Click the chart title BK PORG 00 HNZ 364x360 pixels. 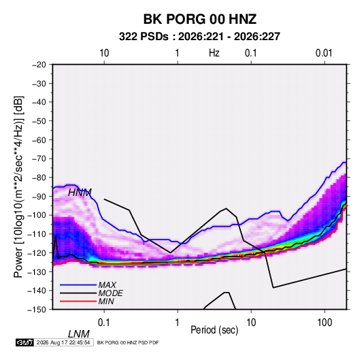pyautogui.click(x=200, y=19)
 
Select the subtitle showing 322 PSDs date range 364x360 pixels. pyautogui.click(x=199, y=37)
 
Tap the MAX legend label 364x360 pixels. pyautogui.click(x=107, y=285)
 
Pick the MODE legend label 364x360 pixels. pyautogui.click(x=110, y=293)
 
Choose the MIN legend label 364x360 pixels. pyautogui.click(x=106, y=301)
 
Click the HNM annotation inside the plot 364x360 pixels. pyautogui.click(x=80, y=193)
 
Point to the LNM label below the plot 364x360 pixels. pyautogui.click(x=79, y=334)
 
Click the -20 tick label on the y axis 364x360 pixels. pyautogui.click(x=39, y=65)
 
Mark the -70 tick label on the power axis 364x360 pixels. pyautogui.click(x=39, y=159)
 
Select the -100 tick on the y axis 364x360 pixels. pyautogui.click(x=37, y=215)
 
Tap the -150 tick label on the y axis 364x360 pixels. pyautogui.click(x=37, y=310)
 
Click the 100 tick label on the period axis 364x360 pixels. pyautogui.click(x=325, y=323)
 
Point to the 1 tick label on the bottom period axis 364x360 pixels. pyautogui.click(x=178, y=323)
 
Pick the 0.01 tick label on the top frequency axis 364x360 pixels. pyautogui.click(x=324, y=53)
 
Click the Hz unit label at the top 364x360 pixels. pyautogui.click(x=214, y=53)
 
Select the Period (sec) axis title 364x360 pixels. pyautogui.click(x=214, y=330)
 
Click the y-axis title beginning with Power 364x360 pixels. pyautogui.click(x=18, y=187)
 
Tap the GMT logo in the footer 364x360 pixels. pyautogui.click(x=24, y=342)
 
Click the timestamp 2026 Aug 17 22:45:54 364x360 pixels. pyautogui.click(x=63, y=342)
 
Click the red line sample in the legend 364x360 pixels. pyautogui.click(x=78, y=301)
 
